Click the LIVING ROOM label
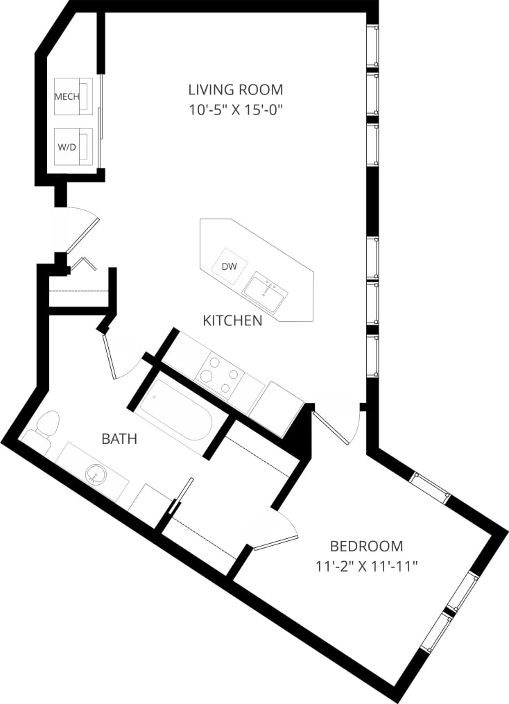tap(236, 89)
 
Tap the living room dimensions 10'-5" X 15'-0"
tap(236, 109)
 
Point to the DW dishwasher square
tap(229, 266)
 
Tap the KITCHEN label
tap(232, 320)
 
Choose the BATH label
tap(119, 438)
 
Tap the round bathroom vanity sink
tap(95, 475)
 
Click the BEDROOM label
tap(365, 546)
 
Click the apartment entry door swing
tap(78, 229)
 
